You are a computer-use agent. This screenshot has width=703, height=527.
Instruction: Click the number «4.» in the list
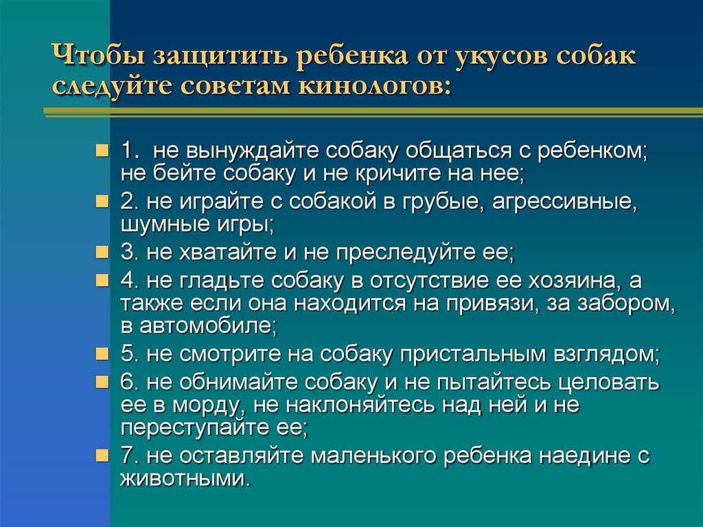click(x=129, y=281)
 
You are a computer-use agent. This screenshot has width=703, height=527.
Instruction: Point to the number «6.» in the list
click(x=129, y=383)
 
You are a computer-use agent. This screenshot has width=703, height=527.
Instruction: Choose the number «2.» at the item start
click(x=129, y=202)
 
